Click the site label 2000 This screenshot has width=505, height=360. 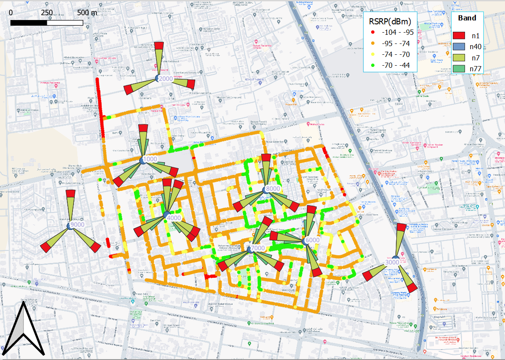(166, 79)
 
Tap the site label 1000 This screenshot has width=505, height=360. (150, 160)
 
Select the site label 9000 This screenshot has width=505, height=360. (77, 225)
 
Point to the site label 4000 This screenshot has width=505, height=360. (174, 218)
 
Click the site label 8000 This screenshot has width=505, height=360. (273, 189)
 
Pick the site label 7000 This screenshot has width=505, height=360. (258, 248)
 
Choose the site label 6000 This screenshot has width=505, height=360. (312, 240)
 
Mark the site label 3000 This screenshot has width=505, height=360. (392, 262)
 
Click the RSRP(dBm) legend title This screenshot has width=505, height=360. (390, 21)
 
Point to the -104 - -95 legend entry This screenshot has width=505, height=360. (397, 32)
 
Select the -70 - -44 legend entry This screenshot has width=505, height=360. (397, 66)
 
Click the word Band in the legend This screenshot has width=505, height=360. (467, 18)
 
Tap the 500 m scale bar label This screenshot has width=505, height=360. (87, 13)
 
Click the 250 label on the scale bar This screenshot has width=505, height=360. (47, 13)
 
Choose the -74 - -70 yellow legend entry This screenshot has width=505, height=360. (397, 55)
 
